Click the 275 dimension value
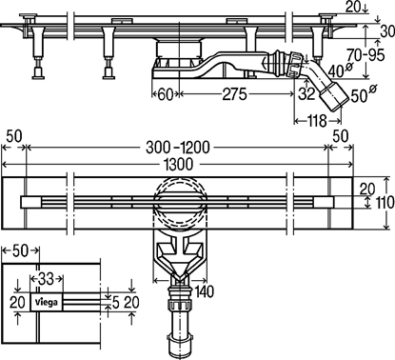(234, 94)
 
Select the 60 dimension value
(166, 94)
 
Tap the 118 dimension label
(317, 121)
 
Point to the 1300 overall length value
(179, 164)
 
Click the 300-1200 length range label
(178, 148)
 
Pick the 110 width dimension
(385, 202)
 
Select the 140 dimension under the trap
(205, 291)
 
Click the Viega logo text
(47, 302)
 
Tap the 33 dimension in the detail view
(47, 279)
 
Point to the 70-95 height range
(365, 55)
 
